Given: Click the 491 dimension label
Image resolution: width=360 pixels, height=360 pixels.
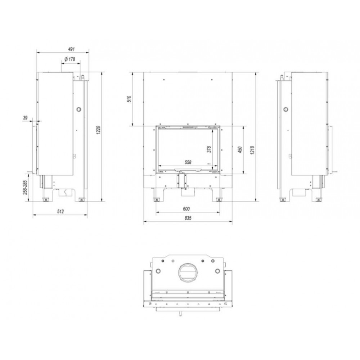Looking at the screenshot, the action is pyautogui.click(x=71, y=49).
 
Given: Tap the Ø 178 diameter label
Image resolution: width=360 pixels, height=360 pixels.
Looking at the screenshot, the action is pyautogui.click(x=70, y=59).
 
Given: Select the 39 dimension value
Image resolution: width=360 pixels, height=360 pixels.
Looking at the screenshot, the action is pyautogui.click(x=25, y=118).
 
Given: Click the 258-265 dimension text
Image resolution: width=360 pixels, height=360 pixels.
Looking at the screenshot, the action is pyautogui.click(x=25, y=187).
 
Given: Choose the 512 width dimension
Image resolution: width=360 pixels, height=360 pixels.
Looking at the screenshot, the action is pyautogui.click(x=60, y=211).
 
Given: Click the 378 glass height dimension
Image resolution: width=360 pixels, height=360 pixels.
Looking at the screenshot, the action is pyautogui.click(x=209, y=149).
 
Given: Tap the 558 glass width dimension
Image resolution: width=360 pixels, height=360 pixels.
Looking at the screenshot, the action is pyautogui.click(x=188, y=162).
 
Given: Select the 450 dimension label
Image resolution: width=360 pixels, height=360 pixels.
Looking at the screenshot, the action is pyautogui.click(x=240, y=150).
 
